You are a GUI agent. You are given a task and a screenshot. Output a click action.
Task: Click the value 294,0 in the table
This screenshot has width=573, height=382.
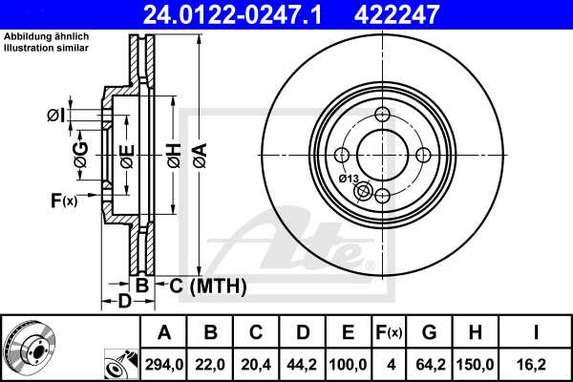click(x=163, y=364)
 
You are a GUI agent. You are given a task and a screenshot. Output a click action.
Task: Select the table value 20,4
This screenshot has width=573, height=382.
click(x=255, y=364)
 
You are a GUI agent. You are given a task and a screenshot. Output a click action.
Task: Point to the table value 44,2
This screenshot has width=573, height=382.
click(x=302, y=364)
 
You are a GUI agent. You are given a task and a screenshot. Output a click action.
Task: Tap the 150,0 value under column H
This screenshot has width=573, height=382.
click(x=474, y=364)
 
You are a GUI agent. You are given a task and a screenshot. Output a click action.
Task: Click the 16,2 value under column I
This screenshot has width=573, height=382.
click(x=536, y=364)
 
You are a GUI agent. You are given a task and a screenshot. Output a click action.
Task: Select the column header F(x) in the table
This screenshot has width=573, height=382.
click(x=389, y=333)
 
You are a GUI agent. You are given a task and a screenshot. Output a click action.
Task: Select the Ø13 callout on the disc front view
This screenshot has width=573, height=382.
click(x=348, y=179)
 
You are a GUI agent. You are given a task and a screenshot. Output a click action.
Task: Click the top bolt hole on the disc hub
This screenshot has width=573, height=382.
click(x=383, y=115)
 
